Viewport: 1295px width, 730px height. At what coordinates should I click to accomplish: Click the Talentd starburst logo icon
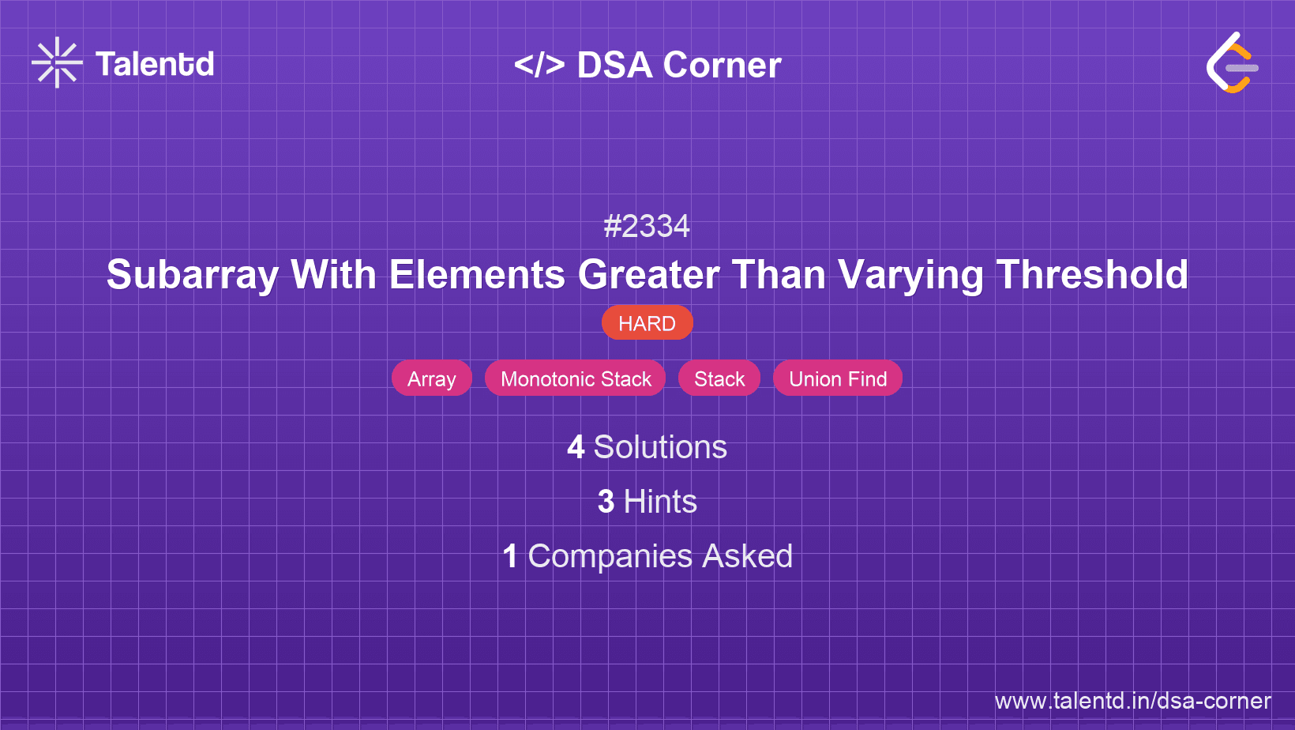57,63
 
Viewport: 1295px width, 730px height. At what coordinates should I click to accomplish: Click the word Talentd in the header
155,64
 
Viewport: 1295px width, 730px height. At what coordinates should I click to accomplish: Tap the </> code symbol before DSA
539,65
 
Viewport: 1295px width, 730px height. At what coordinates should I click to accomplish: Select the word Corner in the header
722,65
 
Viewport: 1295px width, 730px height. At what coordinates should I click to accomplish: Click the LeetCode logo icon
1232,63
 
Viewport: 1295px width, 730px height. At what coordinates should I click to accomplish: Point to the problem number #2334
647,227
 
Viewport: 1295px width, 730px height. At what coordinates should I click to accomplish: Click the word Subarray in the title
192,275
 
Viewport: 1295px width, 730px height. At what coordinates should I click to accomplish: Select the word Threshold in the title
1092,275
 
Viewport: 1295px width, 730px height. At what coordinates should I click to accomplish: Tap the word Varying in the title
910,275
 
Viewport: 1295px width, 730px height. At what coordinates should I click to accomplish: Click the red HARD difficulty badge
647,323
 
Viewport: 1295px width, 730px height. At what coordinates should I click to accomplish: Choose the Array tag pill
432,379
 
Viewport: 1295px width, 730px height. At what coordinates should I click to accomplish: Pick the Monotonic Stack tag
576,379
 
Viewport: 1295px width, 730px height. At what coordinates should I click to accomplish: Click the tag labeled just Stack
719,379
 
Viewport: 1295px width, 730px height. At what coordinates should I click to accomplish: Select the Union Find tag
838,379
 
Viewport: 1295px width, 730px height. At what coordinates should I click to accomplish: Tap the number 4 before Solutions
576,447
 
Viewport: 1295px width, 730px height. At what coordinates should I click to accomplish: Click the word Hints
660,502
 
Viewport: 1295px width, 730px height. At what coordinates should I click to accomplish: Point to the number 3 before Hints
606,502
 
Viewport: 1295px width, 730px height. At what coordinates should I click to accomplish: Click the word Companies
610,556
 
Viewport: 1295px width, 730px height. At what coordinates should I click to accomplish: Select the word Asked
748,556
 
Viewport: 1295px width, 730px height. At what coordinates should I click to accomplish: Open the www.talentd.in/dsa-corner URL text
1132,701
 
